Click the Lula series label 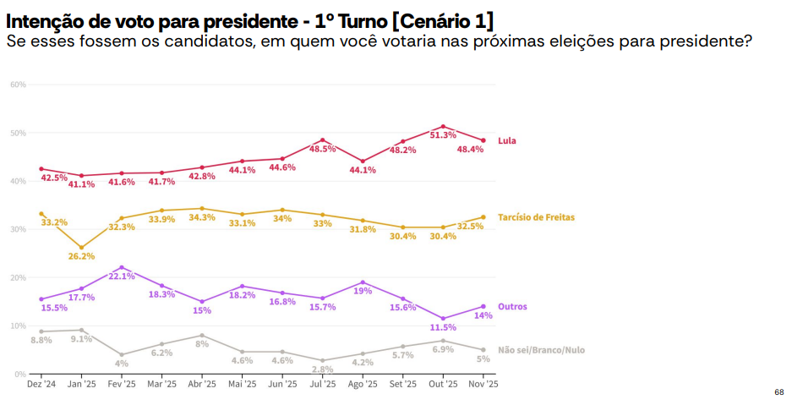point(507,140)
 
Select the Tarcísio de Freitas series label point(536,217)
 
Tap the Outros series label point(512,306)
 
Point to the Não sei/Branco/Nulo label point(541,350)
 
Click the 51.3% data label point(443,135)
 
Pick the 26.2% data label point(82,256)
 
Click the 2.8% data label point(323,369)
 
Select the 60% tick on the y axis point(19,85)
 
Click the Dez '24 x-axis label point(41,385)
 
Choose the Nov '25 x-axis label point(483,385)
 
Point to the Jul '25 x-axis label point(323,385)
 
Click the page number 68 point(778,392)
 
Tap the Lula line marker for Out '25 point(443,127)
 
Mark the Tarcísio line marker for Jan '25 point(81,248)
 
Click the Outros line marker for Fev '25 point(122,267)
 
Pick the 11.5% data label point(443,327)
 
